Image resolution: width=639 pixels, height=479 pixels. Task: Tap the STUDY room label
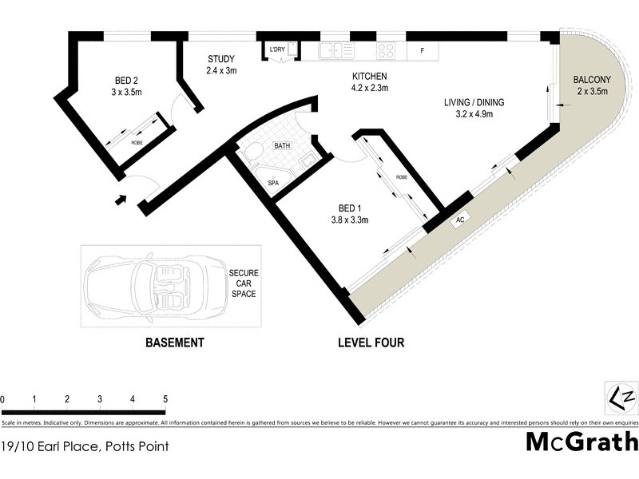coord(221,65)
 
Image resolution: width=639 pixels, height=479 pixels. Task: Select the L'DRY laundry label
coord(277,50)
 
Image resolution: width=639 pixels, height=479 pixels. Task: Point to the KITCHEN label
coord(370,82)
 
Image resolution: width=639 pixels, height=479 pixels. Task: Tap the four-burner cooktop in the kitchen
coord(387,51)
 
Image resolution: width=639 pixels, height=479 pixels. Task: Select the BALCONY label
coord(592,85)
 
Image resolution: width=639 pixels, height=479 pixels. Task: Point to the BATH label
coord(282,146)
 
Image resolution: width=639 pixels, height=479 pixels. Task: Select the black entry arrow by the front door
coord(121,200)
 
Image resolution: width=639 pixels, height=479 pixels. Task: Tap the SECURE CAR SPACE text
coord(244,284)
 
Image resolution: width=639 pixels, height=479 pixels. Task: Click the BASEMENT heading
coord(174,343)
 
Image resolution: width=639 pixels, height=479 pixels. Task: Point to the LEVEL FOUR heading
coord(371,343)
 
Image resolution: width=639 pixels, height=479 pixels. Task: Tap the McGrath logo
coord(581,441)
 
